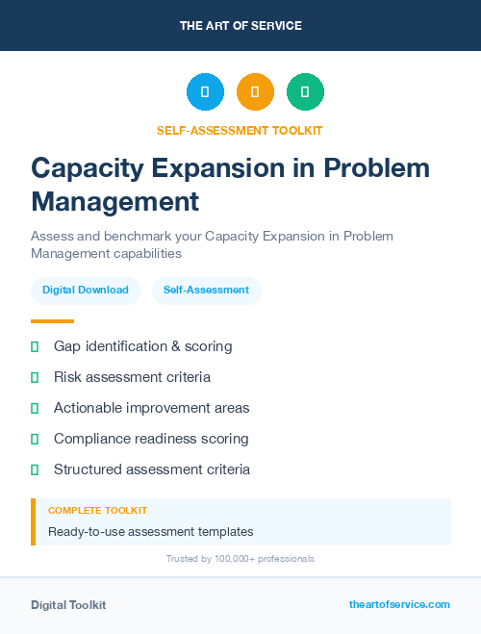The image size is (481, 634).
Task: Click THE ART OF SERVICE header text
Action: coord(240,26)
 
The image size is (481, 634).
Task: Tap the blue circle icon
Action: coord(205,92)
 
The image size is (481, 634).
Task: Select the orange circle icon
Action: coord(255,92)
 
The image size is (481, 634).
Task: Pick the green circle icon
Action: coord(305,92)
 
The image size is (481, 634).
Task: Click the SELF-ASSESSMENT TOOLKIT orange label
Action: coord(240,130)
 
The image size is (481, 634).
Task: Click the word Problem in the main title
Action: coord(376,167)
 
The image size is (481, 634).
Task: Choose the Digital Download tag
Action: coord(86,290)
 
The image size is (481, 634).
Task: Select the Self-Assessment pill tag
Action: coord(206,290)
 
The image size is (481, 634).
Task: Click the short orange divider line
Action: coord(52,321)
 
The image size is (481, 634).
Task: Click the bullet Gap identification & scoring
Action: coord(142,346)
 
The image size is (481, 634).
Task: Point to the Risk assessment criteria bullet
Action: coord(132,377)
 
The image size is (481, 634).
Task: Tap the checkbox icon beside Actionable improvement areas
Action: coord(35,408)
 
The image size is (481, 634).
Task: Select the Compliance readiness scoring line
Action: coord(151,439)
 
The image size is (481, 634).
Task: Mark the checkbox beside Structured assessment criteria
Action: coord(35,469)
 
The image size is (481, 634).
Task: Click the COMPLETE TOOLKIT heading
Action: coord(97,511)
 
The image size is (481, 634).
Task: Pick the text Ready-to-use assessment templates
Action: coord(150,531)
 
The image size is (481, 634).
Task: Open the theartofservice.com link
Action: coord(399,604)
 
